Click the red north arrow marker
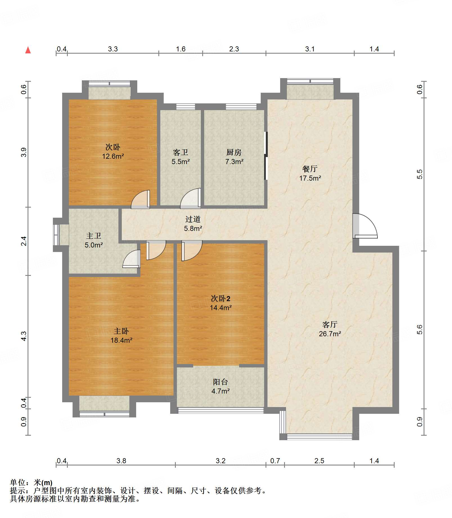click(28, 50)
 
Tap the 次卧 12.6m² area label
click(113, 152)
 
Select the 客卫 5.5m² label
click(181, 157)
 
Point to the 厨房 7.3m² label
click(234, 157)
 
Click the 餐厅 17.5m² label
click(310, 173)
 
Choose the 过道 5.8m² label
click(193, 224)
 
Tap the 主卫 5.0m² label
click(94, 240)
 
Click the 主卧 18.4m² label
click(121, 335)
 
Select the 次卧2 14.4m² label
click(221, 303)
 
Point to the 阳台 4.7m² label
click(221, 386)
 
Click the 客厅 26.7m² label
click(330, 329)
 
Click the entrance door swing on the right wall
click(365, 226)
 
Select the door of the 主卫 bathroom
click(132, 259)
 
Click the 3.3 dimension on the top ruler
click(113, 49)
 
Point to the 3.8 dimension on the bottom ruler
click(121, 461)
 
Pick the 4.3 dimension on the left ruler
click(24, 336)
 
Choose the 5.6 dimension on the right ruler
click(420, 330)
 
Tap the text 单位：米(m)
click(31, 483)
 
